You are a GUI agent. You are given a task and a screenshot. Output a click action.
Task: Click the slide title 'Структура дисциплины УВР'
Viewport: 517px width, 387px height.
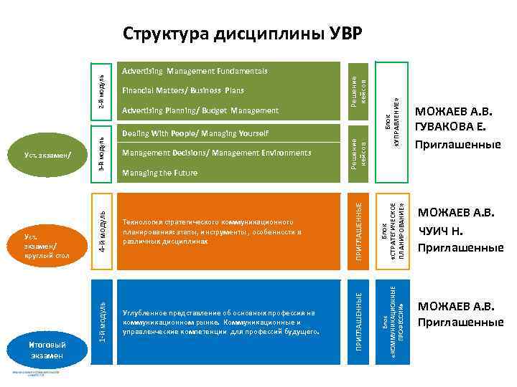click(243, 34)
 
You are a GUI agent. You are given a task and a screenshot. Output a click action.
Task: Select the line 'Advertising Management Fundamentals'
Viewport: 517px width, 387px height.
click(195, 72)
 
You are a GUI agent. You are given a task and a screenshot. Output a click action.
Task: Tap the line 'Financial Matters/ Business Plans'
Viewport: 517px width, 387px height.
click(183, 91)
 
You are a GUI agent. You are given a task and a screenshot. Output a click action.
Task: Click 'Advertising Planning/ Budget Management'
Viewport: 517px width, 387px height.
click(200, 110)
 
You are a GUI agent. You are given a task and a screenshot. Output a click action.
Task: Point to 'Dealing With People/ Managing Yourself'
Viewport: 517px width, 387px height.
click(196, 133)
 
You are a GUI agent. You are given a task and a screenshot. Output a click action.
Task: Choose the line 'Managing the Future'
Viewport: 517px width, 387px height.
click(160, 173)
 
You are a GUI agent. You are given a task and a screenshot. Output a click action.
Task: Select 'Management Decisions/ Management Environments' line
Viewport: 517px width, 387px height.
click(217, 153)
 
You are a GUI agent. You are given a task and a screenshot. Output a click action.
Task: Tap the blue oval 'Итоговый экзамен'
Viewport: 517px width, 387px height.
click(47, 350)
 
